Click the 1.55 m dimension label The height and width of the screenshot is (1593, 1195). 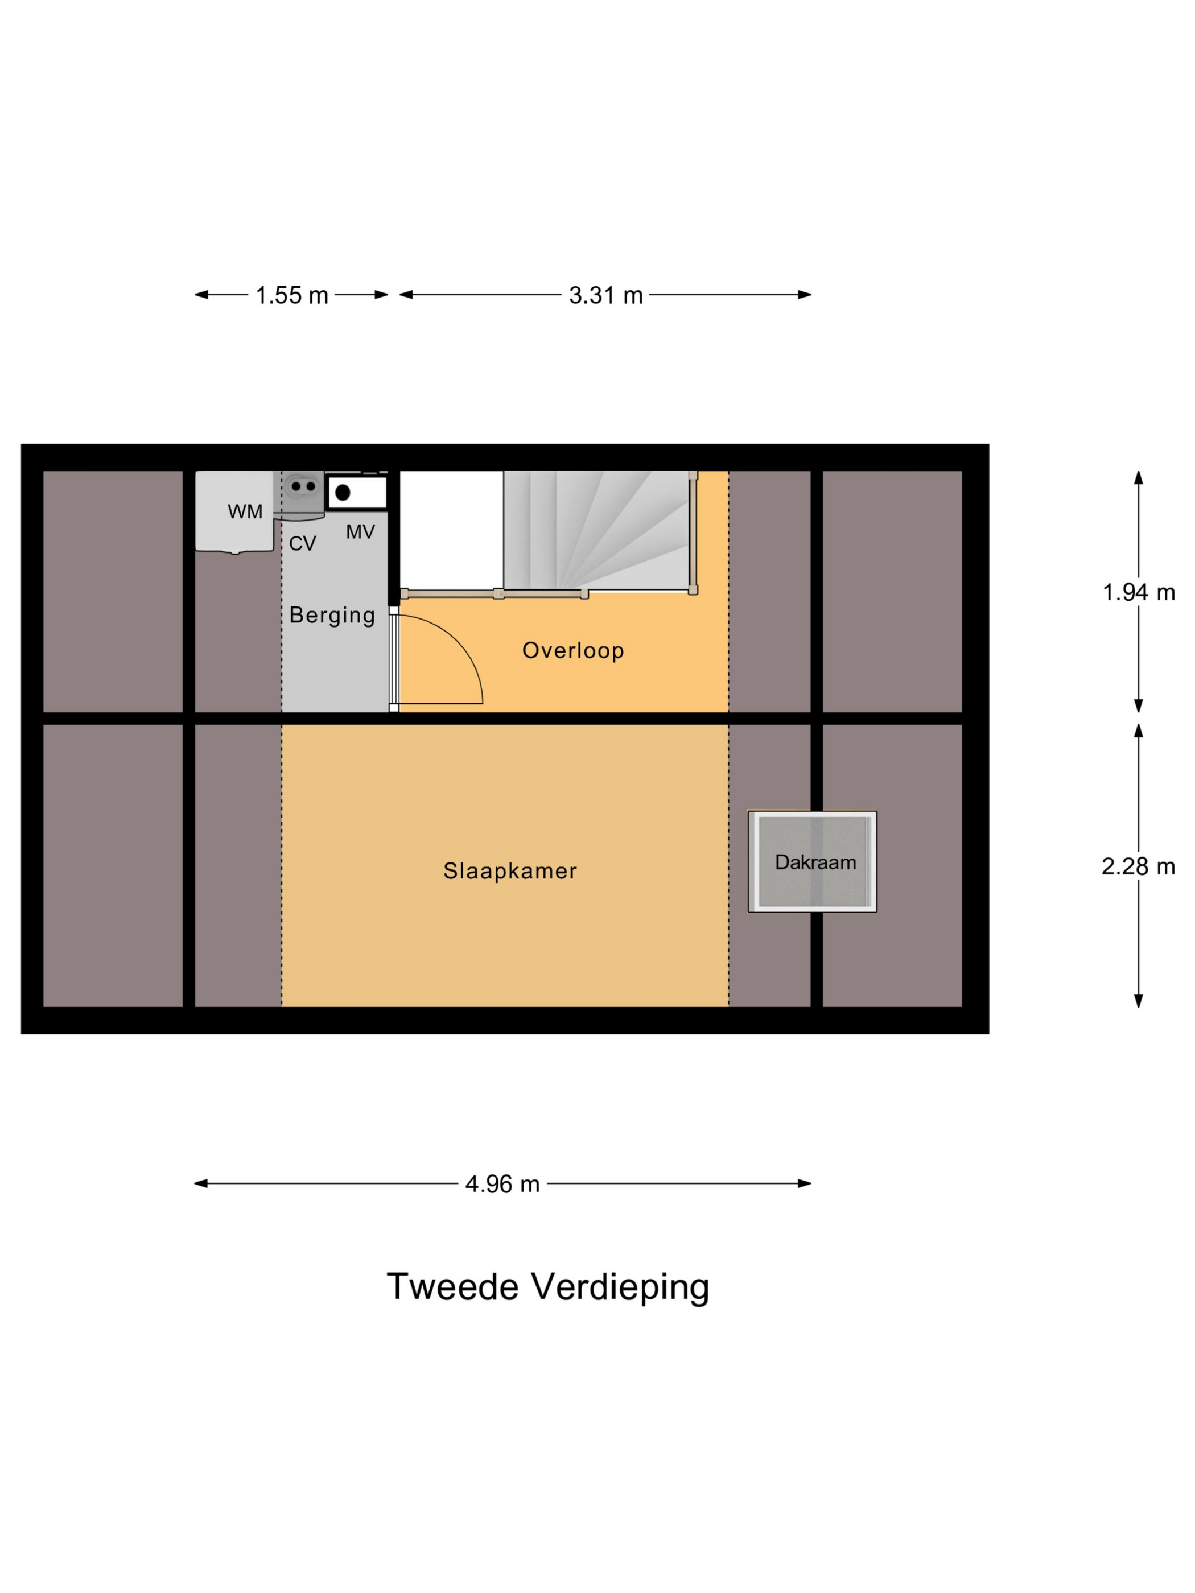click(x=292, y=295)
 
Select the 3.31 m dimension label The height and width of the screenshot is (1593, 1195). click(x=605, y=295)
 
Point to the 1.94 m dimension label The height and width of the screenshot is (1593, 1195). click(x=1138, y=592)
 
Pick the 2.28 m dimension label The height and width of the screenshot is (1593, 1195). click(x=1138, y=866)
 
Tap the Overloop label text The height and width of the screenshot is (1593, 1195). click(x=572, y=650)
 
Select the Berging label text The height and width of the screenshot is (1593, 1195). click(x=332, y=615)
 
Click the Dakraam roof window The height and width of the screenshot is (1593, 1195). click(x=812, y=861)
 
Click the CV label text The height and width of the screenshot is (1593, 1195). click(x=303, y=544)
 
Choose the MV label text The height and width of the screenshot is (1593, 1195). click(x=360, y=532)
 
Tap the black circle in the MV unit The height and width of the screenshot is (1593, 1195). click(x=343, y=493)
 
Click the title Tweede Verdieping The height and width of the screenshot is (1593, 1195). click(x=547, y=1287)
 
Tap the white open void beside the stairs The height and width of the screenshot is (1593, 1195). click(x=451, y=529)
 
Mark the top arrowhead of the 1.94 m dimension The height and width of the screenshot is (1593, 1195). click(x=1138, y=477)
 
